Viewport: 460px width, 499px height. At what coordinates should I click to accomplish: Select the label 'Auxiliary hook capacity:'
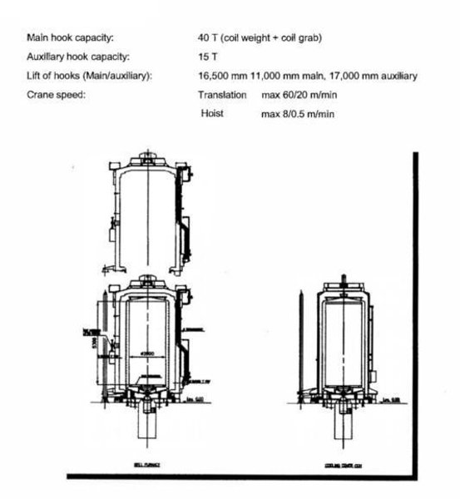[x=77, y=57]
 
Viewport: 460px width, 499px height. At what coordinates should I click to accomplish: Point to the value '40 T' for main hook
[x=207, y=38]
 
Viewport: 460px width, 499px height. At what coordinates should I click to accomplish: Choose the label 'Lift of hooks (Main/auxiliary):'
[x=94, y=76]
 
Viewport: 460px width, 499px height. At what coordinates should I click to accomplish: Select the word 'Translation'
[x=223, y=95]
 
